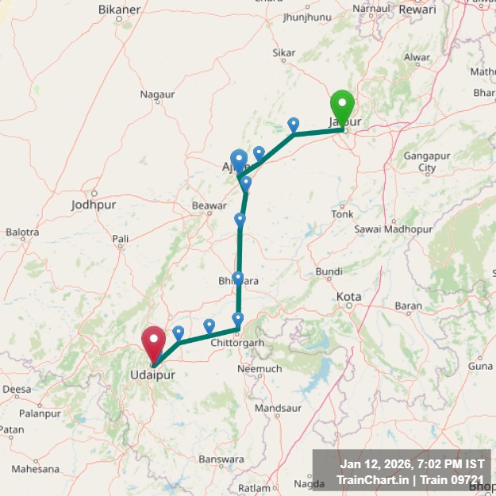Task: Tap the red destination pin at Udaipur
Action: pyautogui.click(x=153, y=341)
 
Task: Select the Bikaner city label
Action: pyautogui.click(x=119, y=9)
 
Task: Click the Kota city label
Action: pyautogui.click(x=348, y=297)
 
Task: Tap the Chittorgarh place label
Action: pyautogui.click(x=236, y=343)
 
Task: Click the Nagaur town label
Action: pyautogui.click(x=157, y=94)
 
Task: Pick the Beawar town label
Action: pyautogui.click(x=210, y=206)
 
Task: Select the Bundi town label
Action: pyautogui.click(x=329, y=271)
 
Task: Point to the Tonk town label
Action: pyautogui.click(x=343, y=214)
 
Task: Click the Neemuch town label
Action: pyautogui.click(x=260, y=369)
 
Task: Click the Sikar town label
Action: pyautogui.click(x=283, y=53)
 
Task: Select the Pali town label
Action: pyautogui.click(x=121, y=238)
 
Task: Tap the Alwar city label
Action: pyautogui.click(x=417, y=57)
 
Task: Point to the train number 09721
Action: pyautogui.click(x=467, y=479)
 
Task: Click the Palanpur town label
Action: pyautogui.click(x=40, y=413)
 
